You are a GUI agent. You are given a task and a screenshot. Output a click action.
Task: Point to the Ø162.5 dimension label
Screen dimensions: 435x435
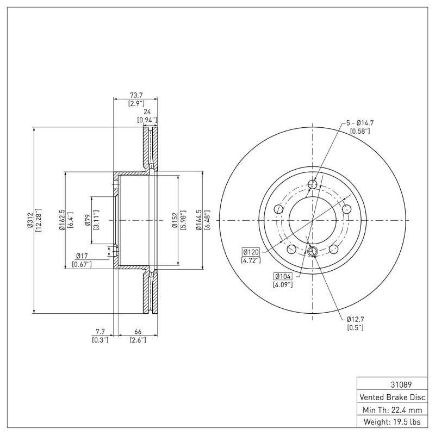pos(63,220)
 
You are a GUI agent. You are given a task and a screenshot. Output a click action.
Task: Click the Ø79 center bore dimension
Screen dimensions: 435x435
pos(87,220)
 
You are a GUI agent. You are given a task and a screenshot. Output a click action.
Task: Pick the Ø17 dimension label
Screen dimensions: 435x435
pos(82,256)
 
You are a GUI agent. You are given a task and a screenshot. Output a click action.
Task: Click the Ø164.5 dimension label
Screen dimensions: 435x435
pos(199,220)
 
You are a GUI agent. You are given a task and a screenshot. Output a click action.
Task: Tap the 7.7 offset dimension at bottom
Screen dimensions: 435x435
pos(100,331)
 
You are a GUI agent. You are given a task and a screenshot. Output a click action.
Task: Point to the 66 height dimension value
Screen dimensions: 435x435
pos(138,331)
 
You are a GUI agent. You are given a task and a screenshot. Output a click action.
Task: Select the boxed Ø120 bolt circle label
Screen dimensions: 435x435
pos(251,252)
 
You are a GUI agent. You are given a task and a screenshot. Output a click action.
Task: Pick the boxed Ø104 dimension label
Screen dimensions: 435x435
pos(283,276)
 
